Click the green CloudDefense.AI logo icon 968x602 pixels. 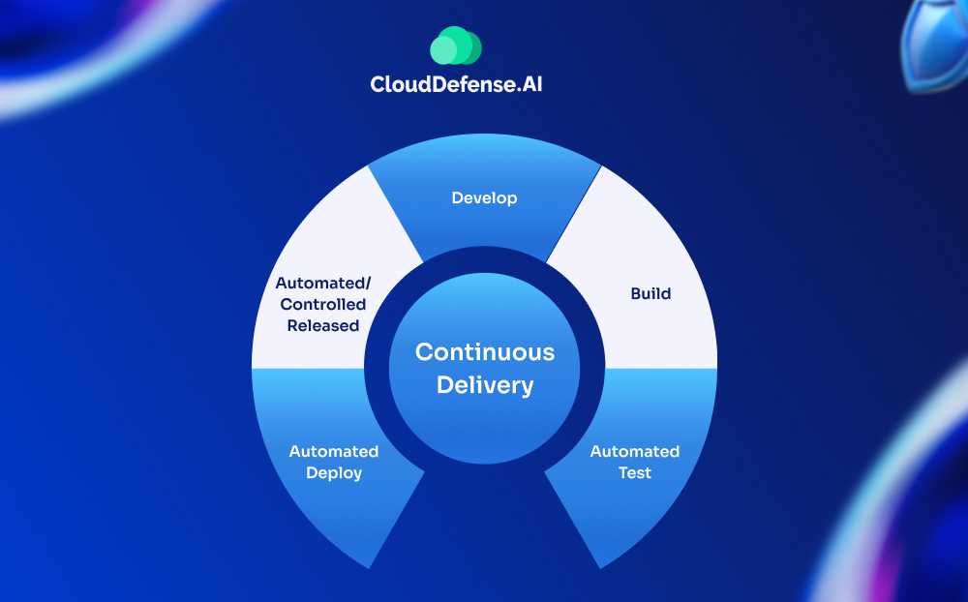point(456,45)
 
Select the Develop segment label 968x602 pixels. point(484,198)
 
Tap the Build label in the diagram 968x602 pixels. point(650,293)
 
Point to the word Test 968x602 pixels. point(635,473)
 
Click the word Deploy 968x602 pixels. point(334,473)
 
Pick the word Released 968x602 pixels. point(322,326)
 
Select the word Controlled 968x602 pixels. point(322,305)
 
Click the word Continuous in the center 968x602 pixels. point(485,352)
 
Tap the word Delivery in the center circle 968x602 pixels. point(485,385)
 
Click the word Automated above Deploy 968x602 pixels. point(334,452)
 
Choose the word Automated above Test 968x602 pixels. point(635,452)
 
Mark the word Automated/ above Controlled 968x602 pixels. point(322,284)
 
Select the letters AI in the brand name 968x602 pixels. point(543,84)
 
